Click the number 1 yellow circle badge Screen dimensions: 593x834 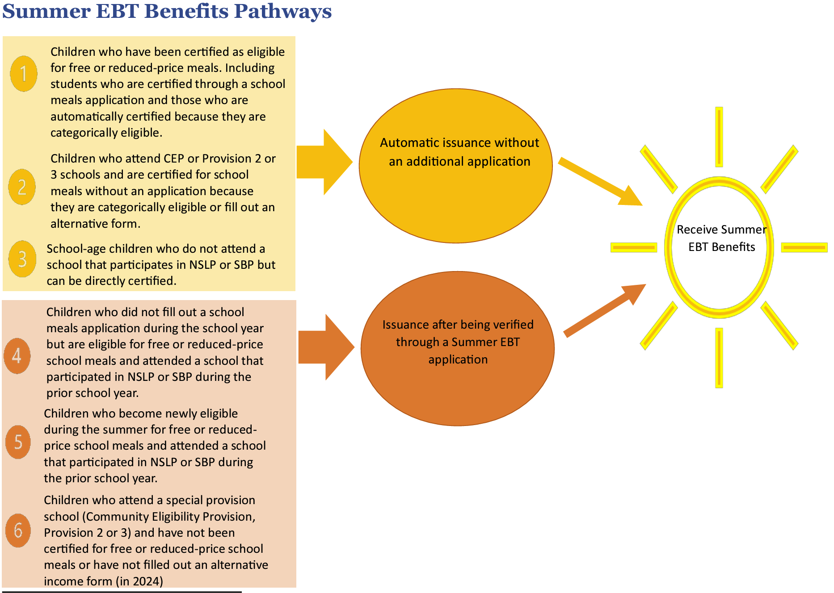pos(24,74)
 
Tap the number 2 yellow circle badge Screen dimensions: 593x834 pos(22,187)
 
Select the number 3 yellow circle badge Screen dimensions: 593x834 pos(22,259)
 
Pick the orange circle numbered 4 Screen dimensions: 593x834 pos(17,356)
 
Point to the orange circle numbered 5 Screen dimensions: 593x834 pos(18,442)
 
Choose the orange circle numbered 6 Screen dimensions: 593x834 pos(18,530)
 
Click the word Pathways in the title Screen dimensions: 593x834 pos(282,11)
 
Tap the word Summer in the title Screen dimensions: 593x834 pos(46,11)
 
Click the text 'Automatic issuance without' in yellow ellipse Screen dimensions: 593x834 pos(459,143)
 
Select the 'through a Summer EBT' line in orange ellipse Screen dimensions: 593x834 pos(458,342)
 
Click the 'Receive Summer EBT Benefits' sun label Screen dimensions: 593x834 pos(721,238)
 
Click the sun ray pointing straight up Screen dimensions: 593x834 pos(719,137)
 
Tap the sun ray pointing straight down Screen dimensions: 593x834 pos(719,358)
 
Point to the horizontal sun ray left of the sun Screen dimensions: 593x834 pos(634,247)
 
